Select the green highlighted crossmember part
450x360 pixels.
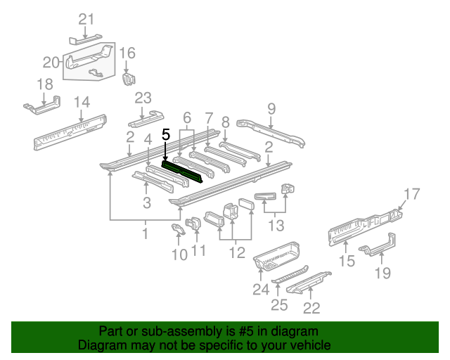[184, 172]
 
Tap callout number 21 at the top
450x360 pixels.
[86, 19]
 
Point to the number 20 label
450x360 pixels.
[51, 62]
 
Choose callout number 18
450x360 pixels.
[44, 84]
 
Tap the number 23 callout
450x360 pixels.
[143, 98]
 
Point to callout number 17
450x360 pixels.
[411, 193]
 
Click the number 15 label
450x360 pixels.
[347, 262]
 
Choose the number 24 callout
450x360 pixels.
[261, 289]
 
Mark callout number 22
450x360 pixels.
[311, 307]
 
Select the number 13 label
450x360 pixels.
[276, 226]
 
